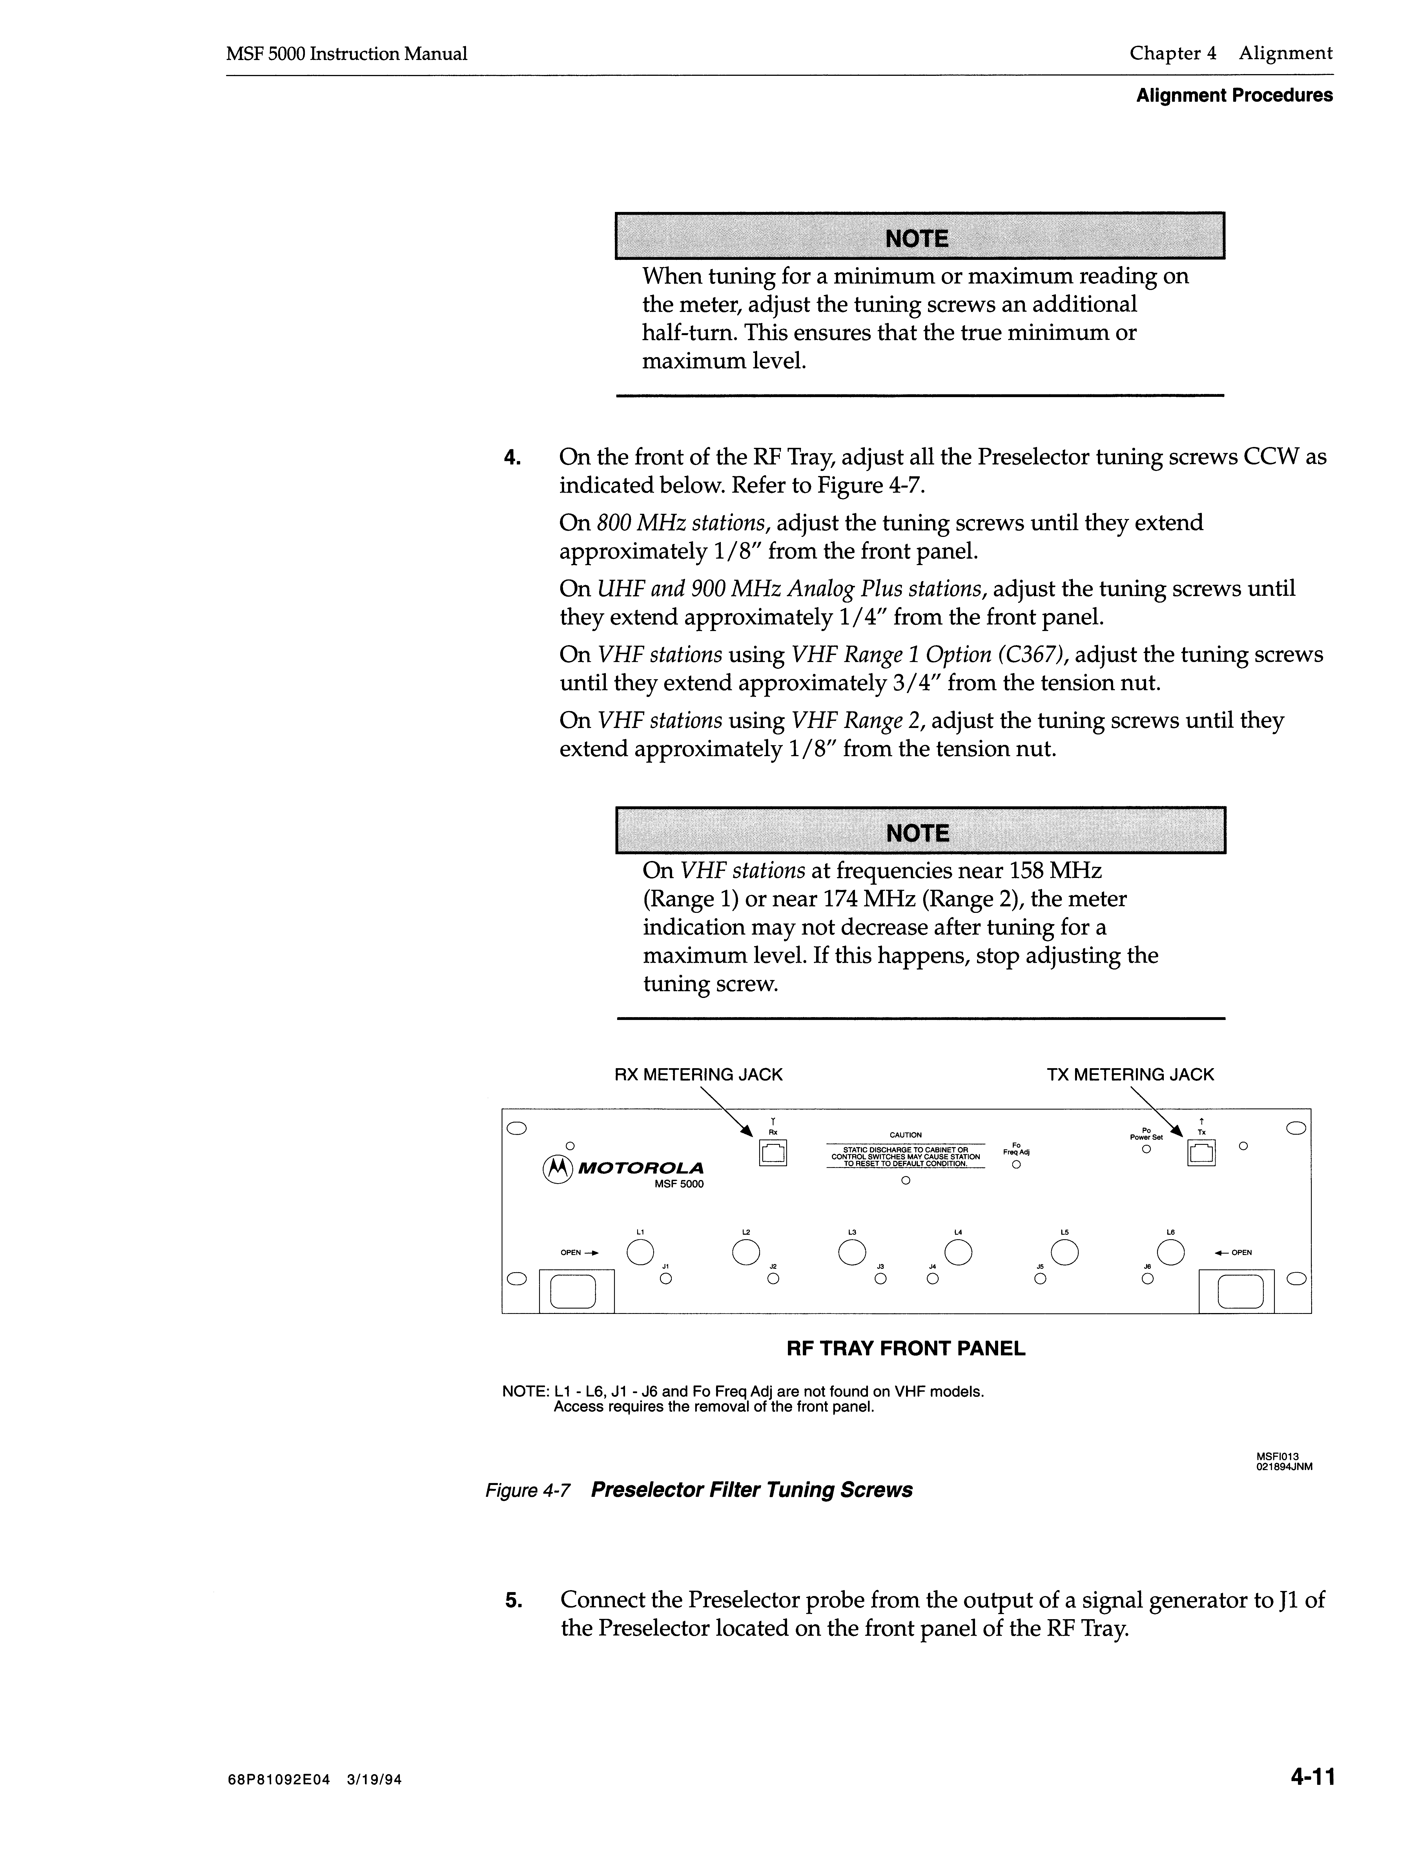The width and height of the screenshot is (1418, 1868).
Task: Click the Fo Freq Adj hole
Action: [x=1016, y=1165]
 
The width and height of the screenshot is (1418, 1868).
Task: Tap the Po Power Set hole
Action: [x=1146, y=1149]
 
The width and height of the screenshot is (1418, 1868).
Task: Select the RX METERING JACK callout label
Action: [x=699, y=1075]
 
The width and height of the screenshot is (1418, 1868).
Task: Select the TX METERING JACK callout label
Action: [x=1130, y=1075]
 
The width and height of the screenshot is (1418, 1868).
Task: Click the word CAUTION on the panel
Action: [x=905, y=1135]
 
